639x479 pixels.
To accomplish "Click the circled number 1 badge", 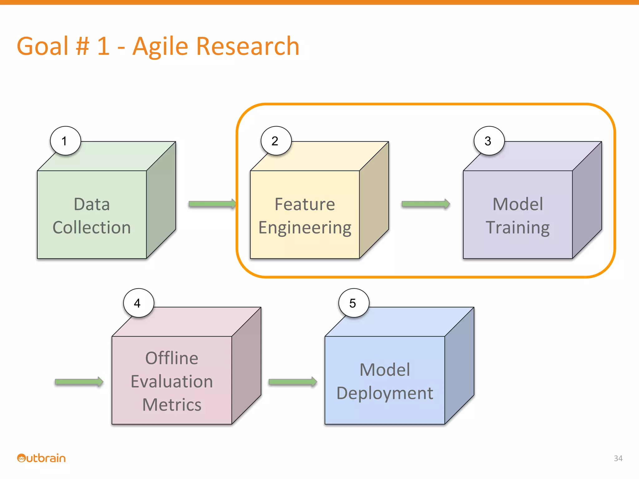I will (65, 141).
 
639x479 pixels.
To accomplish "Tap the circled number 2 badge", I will (276, 141).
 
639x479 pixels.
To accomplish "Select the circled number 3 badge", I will (489, 141).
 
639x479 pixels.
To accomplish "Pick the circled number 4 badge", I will (138, 303).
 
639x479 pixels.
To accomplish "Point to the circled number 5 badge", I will (354, 303).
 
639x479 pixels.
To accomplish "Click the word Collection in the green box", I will (92, 227).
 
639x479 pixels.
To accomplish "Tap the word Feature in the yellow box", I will (305, 204).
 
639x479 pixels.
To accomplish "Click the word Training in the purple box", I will (518, 227).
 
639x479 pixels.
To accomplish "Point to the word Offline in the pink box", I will (172, 358).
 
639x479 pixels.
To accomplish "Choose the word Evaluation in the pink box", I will (172, 381).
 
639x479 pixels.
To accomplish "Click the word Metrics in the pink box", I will (172, 405).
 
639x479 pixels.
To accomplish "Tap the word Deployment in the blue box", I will (385, 393).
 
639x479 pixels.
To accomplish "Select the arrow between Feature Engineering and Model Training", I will (426, 204).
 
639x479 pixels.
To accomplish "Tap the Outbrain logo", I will (41, 458).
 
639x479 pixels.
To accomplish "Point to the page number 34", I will (618, 458).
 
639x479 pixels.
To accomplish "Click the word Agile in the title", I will (160, 46).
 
